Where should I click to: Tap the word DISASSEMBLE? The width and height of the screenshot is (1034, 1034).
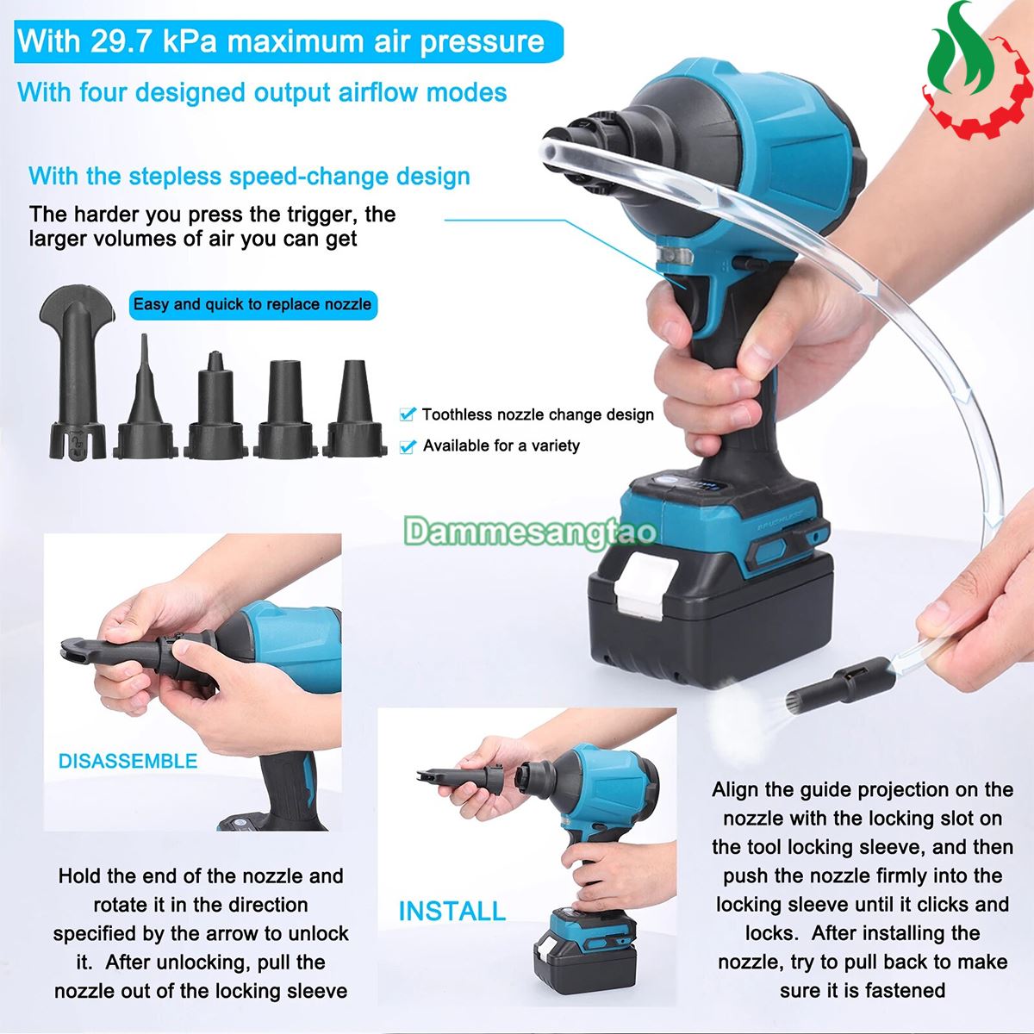(x=128, y=761)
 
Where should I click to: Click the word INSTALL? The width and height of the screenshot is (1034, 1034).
(x=452, y=911)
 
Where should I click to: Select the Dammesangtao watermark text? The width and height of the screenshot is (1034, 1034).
(x=530, y=532)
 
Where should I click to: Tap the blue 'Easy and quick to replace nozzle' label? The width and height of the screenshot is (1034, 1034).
(x=252, y=305)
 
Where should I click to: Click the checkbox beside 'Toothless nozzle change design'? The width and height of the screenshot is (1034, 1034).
(x=408, y=414)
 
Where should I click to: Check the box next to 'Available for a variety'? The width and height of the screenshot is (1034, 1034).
(x=408, y=445)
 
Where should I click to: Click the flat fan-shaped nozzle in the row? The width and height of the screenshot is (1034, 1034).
(x=78, y=372)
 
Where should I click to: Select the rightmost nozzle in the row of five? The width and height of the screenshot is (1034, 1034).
(x=354, y=409)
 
